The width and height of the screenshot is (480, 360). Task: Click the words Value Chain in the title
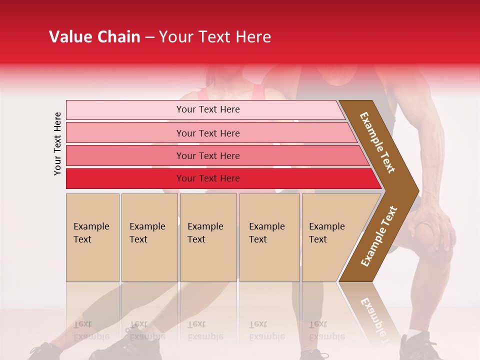94,37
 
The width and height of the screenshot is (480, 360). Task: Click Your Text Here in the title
215,37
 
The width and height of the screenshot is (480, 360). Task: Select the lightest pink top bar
207,109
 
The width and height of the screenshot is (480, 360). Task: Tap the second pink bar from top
207,133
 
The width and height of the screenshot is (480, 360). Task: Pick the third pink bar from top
207,155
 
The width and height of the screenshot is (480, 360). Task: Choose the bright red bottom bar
207,178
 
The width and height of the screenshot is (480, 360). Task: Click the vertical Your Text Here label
57,143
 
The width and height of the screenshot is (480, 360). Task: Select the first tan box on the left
92,237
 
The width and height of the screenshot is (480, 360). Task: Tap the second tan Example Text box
149,237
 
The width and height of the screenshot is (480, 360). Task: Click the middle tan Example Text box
208,237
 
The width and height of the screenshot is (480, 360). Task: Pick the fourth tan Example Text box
269,237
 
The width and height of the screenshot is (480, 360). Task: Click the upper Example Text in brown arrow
377,142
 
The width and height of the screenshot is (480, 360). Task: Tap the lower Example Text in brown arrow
379,236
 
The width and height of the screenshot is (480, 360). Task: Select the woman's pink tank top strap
202,94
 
